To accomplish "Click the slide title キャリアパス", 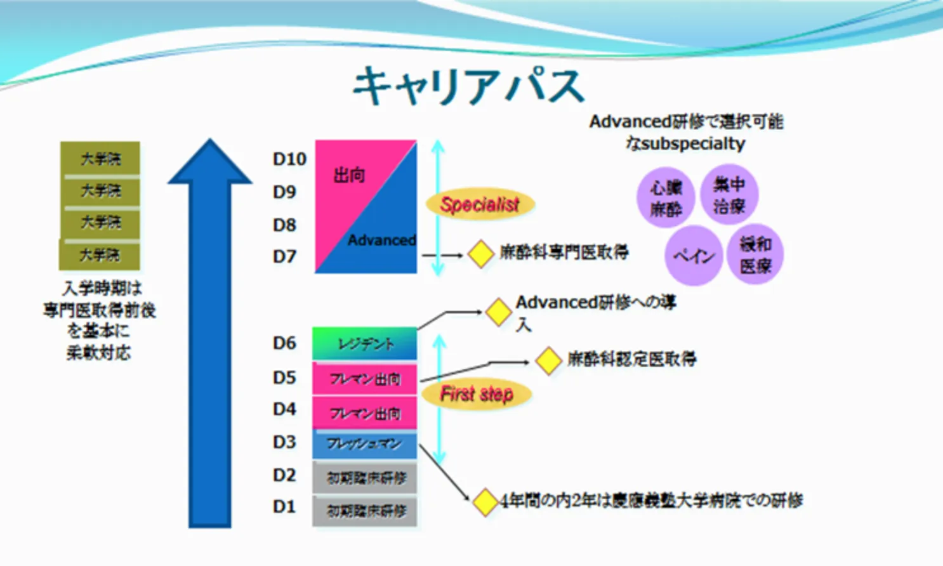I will pos(468,86).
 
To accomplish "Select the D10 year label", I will pos(289,159).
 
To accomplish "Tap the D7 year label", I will pos(284,257).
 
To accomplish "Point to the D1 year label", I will pos(284,507).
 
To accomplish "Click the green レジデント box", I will pos(365,344).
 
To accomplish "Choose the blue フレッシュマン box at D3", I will pos(365,444).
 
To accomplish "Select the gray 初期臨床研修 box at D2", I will pos(365,478).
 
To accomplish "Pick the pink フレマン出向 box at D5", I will pos(365,379).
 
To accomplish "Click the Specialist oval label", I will pos(480,204).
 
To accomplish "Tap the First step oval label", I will pos(477,394).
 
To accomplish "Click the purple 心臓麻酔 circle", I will pos(666,197).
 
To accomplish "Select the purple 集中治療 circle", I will pos(729,195).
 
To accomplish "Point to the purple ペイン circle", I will pos(694,256).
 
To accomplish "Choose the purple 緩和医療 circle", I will pos(755,254).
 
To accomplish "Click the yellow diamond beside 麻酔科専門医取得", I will pos(480,254).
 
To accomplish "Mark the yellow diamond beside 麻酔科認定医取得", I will pos(548,360).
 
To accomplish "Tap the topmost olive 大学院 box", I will pos(100,159).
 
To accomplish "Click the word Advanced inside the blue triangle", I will pos(381,240).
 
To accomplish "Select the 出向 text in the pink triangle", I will pos(349,175).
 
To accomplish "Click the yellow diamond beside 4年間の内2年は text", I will pos(485,502).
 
